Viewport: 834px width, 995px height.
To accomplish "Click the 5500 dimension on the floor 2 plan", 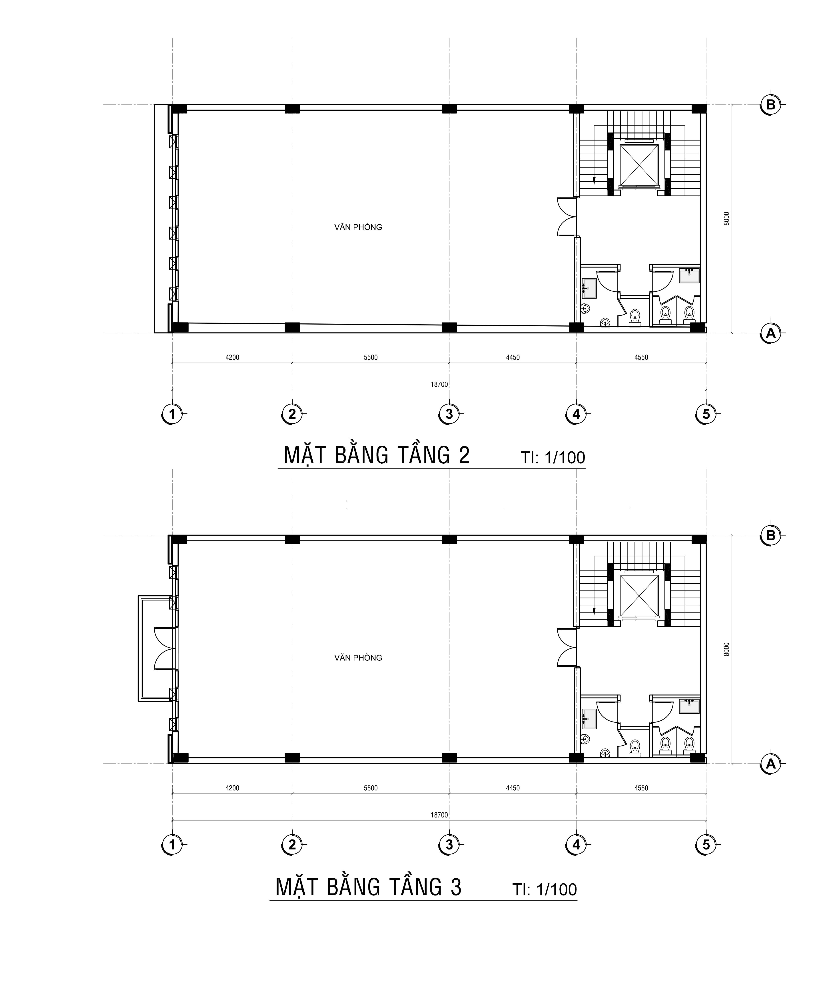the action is click(x=371, y=357).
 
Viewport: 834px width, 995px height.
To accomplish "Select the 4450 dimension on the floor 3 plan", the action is click(x=513, y=788).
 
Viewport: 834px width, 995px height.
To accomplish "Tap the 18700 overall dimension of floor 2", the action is click(x=439, y=384).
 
